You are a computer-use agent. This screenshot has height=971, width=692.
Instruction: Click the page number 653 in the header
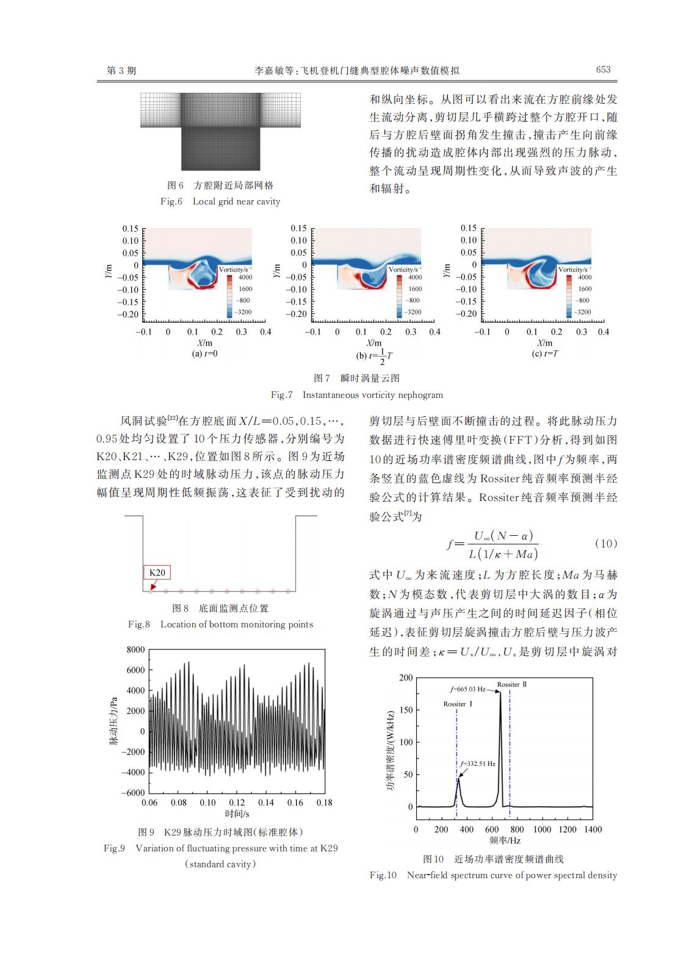click(603, 70)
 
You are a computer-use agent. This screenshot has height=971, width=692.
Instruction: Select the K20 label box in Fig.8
click(157, 572)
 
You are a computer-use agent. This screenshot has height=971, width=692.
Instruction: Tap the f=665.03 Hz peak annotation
click(468, 689)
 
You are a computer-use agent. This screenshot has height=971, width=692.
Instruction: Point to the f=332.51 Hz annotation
click(478, 763)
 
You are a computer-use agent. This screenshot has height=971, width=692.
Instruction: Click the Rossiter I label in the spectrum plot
click(458, 704)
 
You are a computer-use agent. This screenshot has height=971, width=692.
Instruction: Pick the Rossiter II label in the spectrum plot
click(511, 684)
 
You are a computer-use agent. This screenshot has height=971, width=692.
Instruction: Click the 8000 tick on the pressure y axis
click(135, 649)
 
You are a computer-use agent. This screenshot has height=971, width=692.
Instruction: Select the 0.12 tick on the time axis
click(237, 803)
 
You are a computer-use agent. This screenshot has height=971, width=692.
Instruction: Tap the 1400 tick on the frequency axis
click(592, 829)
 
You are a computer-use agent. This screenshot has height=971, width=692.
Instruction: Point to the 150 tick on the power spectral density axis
click(405, 710)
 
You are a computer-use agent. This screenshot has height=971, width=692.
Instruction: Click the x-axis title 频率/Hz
click(505, 841)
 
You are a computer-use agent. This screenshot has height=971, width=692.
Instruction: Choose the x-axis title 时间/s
click(237, 814)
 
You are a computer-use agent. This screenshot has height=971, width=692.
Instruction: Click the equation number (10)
click(605, 543)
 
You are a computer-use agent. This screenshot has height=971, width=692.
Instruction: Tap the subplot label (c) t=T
click(545, 354)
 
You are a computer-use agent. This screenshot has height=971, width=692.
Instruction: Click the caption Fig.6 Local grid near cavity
click(220, 201)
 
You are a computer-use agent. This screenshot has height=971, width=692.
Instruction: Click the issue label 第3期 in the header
click(121, 70)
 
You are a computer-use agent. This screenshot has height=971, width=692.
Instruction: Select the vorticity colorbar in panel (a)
click(230, 295)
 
